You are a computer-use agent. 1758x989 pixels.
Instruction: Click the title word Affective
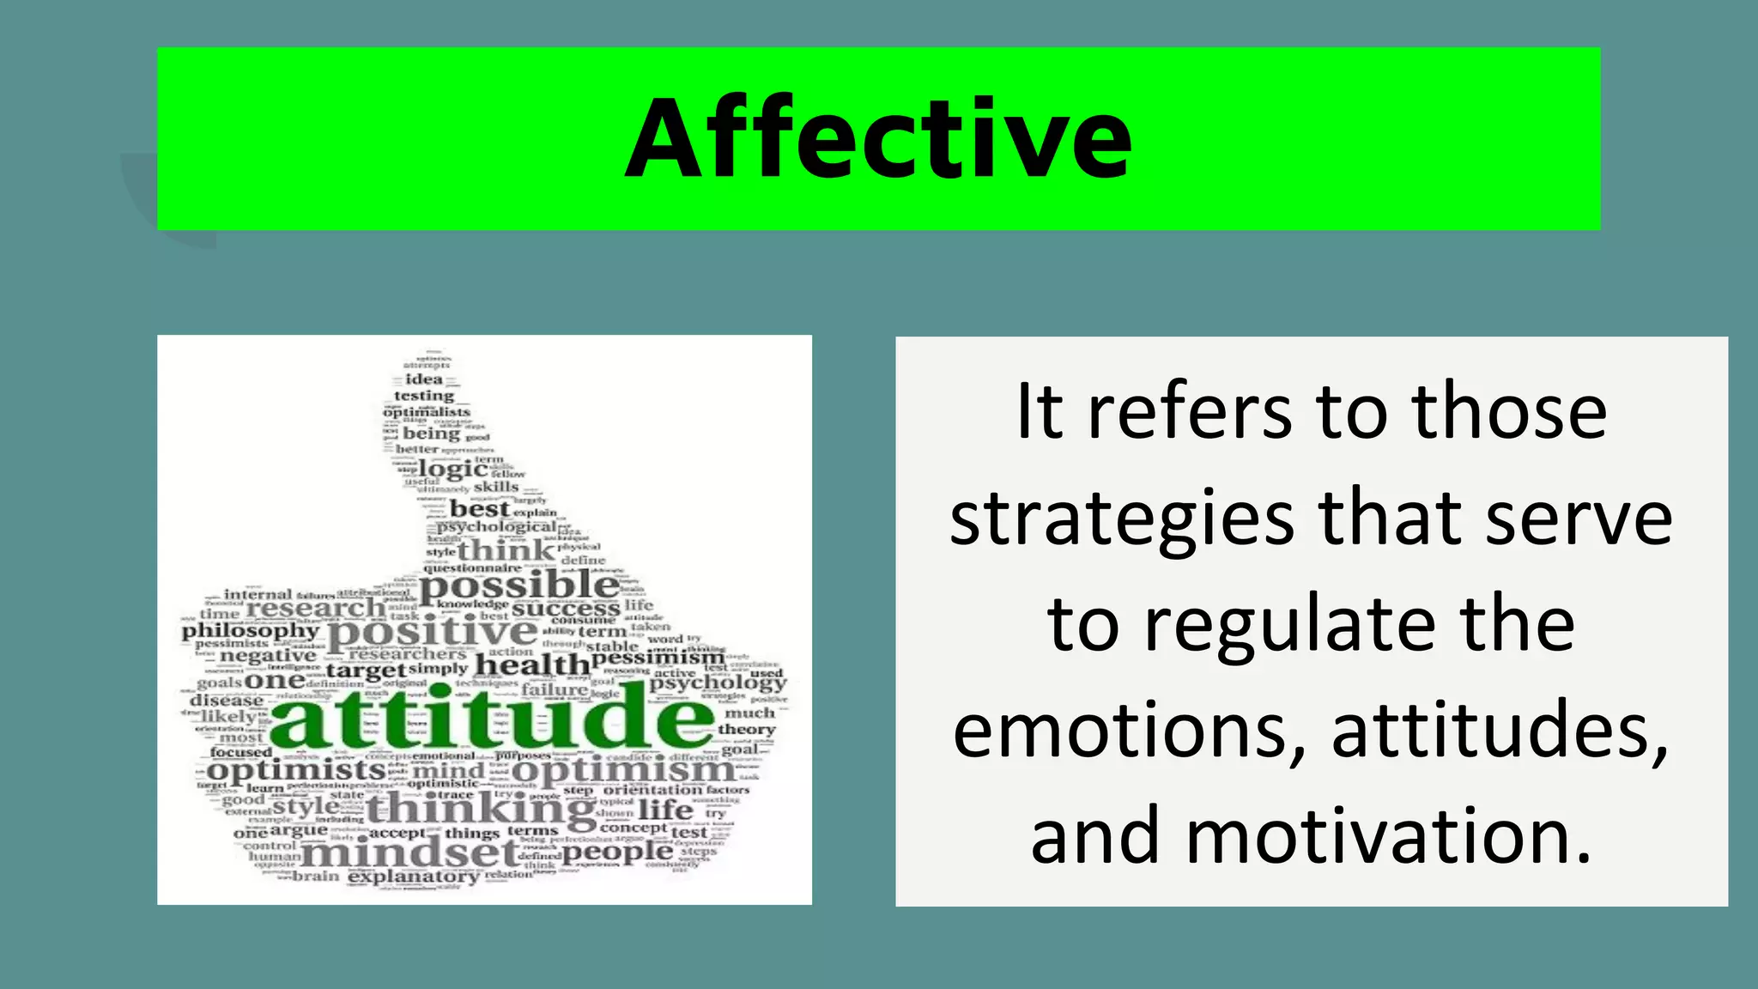pyautogui.click(x=878, y=139)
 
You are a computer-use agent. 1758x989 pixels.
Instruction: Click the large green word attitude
pyautogui.click(x=492, y=717)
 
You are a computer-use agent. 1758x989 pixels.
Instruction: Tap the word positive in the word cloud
pyautogui.click(x=433, y=633)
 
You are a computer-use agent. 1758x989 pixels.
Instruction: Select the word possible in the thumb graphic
pyautogui.click(x=519, y=586)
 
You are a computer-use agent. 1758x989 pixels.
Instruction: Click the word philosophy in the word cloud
pyautogui.click(x=250, y=630)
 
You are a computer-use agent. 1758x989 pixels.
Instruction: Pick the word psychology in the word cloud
pyautogui.click(x=718, y=684)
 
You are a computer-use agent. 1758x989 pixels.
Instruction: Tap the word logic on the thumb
pyautogui.click(x=452, y=469)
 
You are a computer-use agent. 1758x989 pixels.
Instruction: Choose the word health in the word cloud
pyautogui.click(x=532, y=664)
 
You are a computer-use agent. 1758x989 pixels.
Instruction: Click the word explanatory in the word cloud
pyautogui.click(x=414, y=877)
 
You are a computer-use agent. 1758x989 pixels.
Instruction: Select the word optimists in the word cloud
pyautogui.click(x=295, y=770)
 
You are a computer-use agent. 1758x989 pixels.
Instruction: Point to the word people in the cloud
pyautogui.click(x=617, y=851)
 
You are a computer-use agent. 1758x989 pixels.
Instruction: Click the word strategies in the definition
pyautogui.click(x=1122, y=520)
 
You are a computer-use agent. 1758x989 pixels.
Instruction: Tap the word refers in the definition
pyautogui.click(x=1190, y=413)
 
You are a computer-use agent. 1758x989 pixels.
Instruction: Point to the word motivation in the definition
pyautogui.click(x=1388, y=837)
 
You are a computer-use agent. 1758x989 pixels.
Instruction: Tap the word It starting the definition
pyautogui.click(x=1040, y=413)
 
